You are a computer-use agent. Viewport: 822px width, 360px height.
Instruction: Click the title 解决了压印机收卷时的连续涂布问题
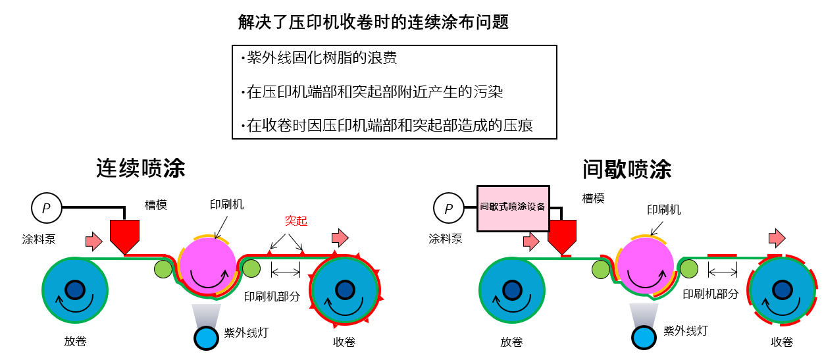pyautogui.click(x=373, y=22)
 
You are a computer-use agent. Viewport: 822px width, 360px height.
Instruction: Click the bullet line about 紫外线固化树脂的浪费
pyautogui.click(x=322, y=59)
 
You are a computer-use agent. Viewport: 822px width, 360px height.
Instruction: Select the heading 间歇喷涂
pyautogui.click(x=627, y=169)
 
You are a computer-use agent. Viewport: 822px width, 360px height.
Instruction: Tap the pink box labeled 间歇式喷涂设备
pyautogui.click(x=513, y=207)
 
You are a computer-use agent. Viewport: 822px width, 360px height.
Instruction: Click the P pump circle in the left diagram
pyautogui.click(x=46, y=209)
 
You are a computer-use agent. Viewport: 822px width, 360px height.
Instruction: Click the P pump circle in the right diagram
pyautogui.click(x=449, y=209)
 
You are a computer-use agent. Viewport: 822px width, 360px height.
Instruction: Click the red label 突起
pyautogui.click(x=296, y=221)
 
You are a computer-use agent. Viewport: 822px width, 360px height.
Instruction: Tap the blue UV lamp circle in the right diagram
pyautogui.click(x=644, y=338)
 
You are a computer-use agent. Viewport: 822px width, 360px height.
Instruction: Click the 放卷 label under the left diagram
pyautogui.click(x=75, y=342)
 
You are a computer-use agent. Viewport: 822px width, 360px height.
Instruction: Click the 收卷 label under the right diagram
pyautogui.click(x=782, y=342)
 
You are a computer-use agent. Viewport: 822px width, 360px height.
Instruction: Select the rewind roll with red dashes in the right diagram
pyautogui.click(x=782, y=290)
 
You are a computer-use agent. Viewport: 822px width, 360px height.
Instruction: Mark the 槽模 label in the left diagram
pyautogui.click(x=156, y=205)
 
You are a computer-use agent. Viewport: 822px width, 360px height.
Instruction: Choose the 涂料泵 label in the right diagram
pyautogui.click(x=446, y=239)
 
